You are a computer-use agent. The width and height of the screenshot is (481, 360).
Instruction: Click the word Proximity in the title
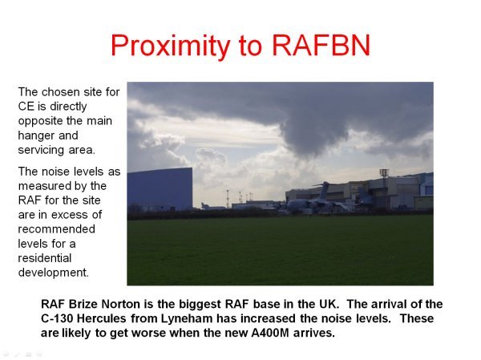(x=170, y=46)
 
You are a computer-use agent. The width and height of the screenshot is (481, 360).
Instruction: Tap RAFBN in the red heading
(x=321, y=45)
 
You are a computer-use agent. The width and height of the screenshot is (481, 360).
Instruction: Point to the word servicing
(x=41, y=150)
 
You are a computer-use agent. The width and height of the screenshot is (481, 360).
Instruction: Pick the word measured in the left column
(x=41, y=186)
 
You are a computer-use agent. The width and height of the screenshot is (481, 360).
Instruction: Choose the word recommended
(x=56, y=229)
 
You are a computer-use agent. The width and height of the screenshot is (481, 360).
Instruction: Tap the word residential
(x=45, y=258)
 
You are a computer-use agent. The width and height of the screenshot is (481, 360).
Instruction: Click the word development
(x=54, y=273)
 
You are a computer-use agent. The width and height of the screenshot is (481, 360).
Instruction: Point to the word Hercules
(x=101, y=318)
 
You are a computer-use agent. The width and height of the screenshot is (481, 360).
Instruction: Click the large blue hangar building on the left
(x=160, y=189)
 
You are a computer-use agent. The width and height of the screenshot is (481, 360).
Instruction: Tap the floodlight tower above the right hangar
(x=384, y=173)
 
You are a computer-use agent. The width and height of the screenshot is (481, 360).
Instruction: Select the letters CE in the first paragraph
(x=26, y=107)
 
